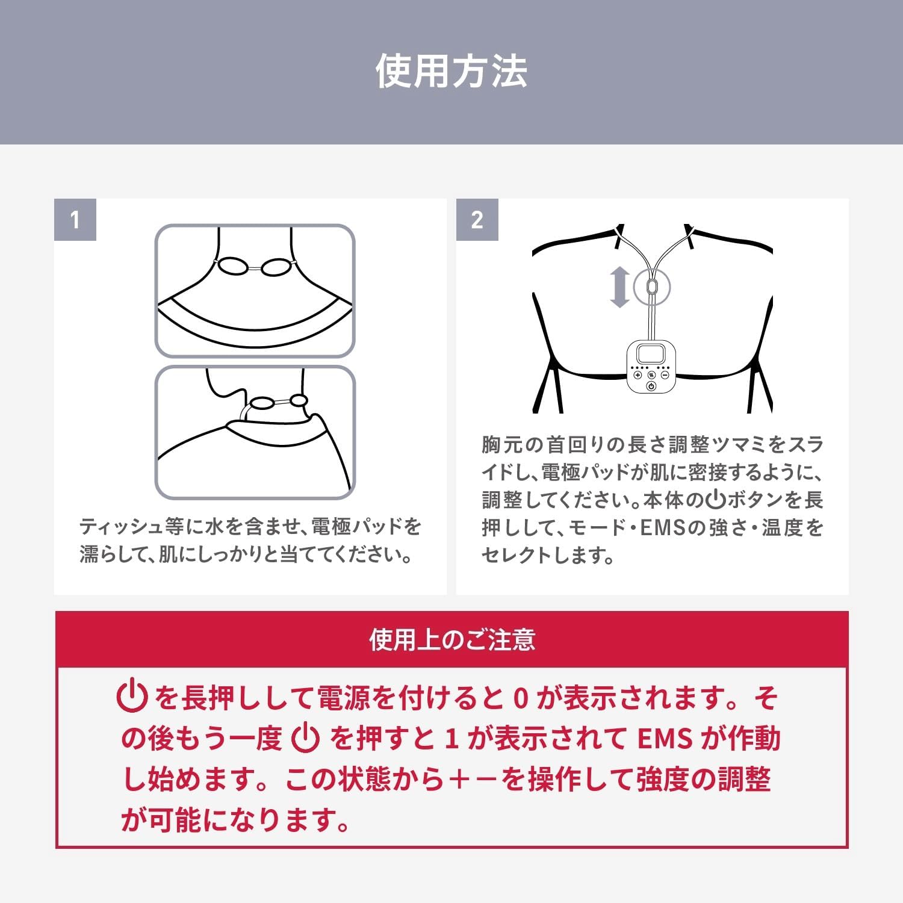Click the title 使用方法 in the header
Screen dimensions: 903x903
pyautogui.click(x=451, y=71)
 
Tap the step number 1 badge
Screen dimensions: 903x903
pyautogui.click(x=75, y=220)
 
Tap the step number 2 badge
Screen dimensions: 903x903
pyautogui.click(x=477, y=220)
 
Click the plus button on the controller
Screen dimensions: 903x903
pyautogui.click(x=638, y=374)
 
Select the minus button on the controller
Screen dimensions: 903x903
pyautogui.click(x=665, y=374)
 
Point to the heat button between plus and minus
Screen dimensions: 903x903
pyautogui.click(x=651, y=374)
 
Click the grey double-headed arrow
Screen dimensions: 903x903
pyautogui.click(x=619, y=288)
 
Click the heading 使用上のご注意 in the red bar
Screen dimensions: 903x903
pyautogui.click(x=452, y=639)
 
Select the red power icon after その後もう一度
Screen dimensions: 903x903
pyautogui.click(x=305, y=738)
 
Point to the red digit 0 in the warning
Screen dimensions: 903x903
pyautogui.click(x=521, y=698)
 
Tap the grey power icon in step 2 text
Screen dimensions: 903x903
pyautogui.click(x=716, y=500)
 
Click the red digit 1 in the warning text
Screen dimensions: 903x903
pyautogui.click(x=451, y=739)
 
